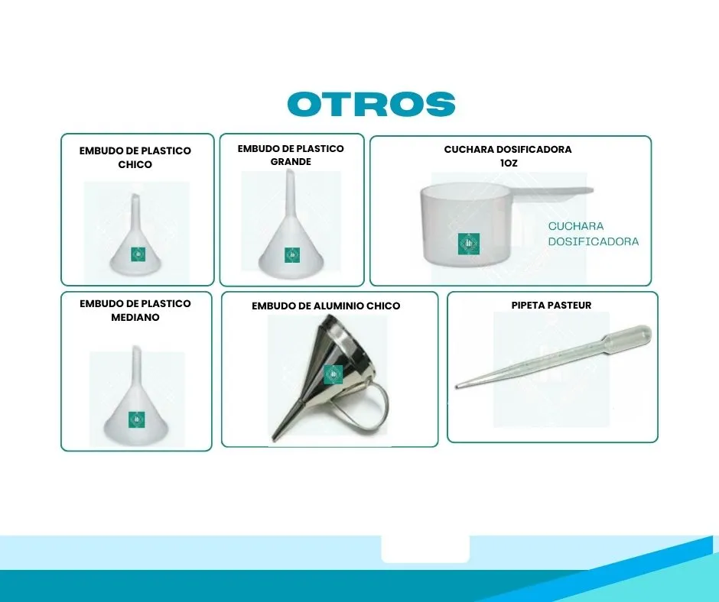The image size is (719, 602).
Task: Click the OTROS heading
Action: point(372,104)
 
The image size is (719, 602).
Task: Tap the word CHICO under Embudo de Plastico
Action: point(135,164)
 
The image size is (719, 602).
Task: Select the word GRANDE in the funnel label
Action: point(291,162)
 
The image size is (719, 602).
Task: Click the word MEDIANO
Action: point(135,317)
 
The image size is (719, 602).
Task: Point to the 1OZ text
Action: point(509,163)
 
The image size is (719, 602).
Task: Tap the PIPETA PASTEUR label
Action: point(551,305)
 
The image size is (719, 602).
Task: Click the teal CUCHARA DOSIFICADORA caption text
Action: point(594,234)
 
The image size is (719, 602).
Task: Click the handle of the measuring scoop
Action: point(551,192)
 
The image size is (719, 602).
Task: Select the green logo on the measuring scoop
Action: point(469,244)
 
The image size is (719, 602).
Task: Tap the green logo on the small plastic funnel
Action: point(138,254)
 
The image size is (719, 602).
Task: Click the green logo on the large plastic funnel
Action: point(292,255)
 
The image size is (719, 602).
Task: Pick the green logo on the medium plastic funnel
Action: point(136,419)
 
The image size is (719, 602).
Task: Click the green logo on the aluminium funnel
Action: point(333,374)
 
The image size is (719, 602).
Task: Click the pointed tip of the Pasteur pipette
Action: point(456,387)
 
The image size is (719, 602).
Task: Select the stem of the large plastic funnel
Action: point(289,193)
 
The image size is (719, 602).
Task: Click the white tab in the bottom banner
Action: point(425,549)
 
